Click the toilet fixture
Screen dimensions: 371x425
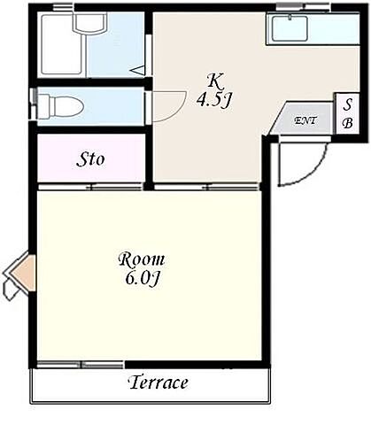pyautogui.click(x=59, y=106)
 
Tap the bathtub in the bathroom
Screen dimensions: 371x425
pyautogui.click(x=62, y=44)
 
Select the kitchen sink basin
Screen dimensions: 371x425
pyautogui.click(x=290, y=28)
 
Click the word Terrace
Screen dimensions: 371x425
pyautogui.click(x=158, y=382)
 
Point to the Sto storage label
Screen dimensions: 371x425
pyautogui.click(x=90, y=159)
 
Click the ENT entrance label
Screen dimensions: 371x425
pyautogui.click(x=305, y=120)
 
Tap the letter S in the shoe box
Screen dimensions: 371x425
pyautogui.click(x=348, y=104)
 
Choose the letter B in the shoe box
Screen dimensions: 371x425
pyautogui.click(x=348, y=122)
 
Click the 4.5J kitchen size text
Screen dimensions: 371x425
pyautogui.click(x=213, y=100)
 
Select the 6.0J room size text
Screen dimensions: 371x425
pyautogui.click(x=142, y=278)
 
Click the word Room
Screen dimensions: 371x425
pyautogui.click(x=142, y=259)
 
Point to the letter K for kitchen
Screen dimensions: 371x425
pyautogui.click(x=215, y=81)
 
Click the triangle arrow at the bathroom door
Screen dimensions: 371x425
pyautogui.click(x=138, y=70)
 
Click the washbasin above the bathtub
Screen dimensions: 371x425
pyautogui.click(x=89, y=23)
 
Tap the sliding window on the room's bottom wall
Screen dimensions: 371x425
pyautogui.click(x=81, y=365)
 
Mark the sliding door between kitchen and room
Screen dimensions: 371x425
pyautogui.click(x=206, y=187)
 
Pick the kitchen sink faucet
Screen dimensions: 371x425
pyautogui.click(x=290, y=17)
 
